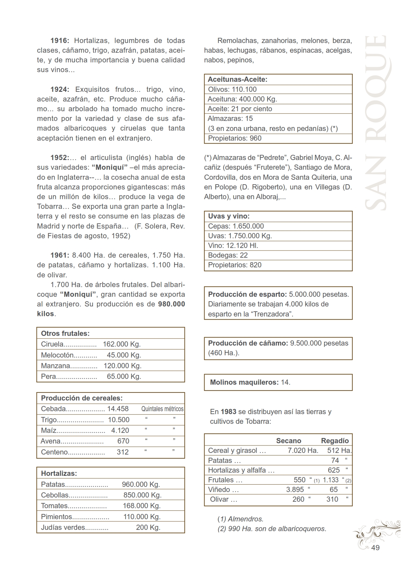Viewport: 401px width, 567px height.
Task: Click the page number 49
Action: click(375, 548)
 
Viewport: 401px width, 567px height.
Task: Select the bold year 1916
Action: click(60, 41)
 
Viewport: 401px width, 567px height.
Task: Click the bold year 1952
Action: click(60, 158)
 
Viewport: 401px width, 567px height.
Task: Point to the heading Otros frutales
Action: click(65, 333)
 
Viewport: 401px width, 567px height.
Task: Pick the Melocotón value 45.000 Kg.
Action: click(124, 355)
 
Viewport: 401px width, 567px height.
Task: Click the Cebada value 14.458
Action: click(118, 409)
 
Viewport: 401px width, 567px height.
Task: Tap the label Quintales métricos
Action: click(162, 409)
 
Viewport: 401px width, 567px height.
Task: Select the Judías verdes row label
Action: click(63, 528)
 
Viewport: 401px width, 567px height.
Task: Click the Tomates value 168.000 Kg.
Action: click(142, 506)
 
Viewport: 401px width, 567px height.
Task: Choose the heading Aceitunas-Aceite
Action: click(238, 80)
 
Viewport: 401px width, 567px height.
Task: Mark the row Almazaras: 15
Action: click(230, 119)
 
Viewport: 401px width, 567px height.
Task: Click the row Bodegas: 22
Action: click(228, 255)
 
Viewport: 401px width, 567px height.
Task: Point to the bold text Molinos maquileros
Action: click(244, 382)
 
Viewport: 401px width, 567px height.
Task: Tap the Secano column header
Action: click(288, 441)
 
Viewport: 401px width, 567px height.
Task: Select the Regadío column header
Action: click(335, 441)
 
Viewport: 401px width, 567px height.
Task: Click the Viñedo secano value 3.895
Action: click(295, 490)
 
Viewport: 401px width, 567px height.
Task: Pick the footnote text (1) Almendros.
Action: click(240, 519)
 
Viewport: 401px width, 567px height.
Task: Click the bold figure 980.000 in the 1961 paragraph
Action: click(172, 304)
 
